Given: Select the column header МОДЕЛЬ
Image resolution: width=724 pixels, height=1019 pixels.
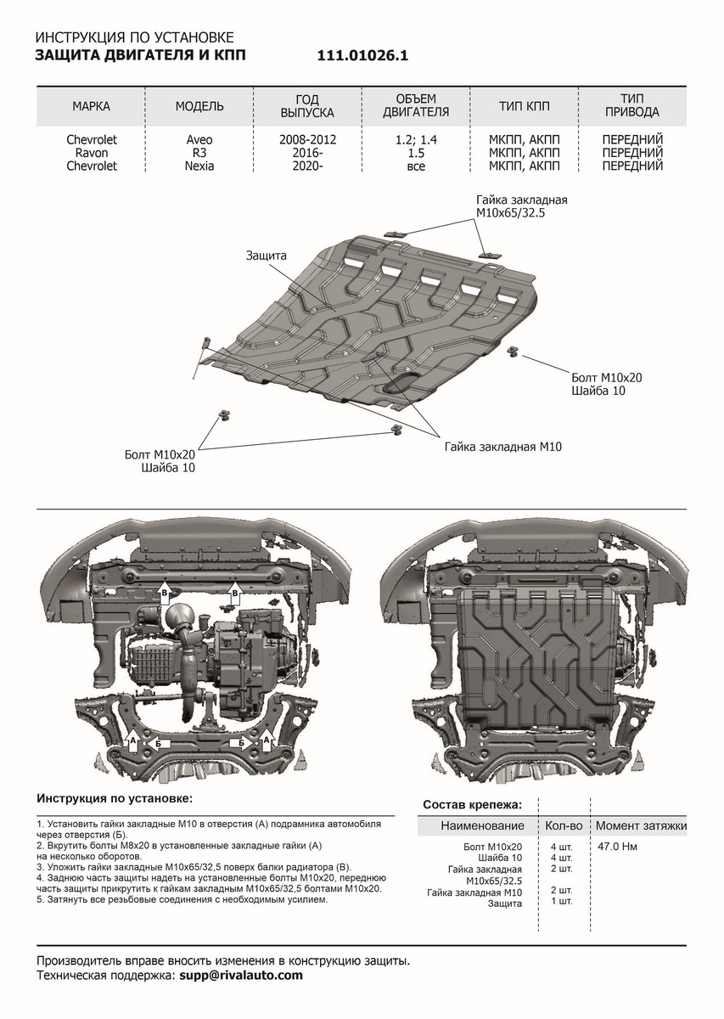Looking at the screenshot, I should tap(199, 106).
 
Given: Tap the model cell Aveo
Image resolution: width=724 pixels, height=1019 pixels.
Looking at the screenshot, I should tap(199, 138).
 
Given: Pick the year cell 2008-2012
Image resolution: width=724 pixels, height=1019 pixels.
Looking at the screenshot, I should tap(308, 138).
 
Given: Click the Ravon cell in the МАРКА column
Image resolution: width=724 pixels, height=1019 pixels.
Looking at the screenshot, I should tap(91, 152).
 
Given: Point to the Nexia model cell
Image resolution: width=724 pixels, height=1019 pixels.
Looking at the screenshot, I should tap(199, 166).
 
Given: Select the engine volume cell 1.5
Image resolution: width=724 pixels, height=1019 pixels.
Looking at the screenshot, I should tap(416, 152).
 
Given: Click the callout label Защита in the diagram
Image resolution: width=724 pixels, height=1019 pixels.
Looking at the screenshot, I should tap(267, 255).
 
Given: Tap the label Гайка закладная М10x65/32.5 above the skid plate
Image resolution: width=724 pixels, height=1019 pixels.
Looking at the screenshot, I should tap(520, 207).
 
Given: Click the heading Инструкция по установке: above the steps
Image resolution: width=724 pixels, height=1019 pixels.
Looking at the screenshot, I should tap(115, 799).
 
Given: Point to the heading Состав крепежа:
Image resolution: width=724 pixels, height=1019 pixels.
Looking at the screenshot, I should tap(472, 803).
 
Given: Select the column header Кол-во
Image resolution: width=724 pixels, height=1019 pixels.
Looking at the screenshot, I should tap(562, 825).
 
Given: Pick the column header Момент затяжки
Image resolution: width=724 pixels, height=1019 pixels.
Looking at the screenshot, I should tap(641, 825).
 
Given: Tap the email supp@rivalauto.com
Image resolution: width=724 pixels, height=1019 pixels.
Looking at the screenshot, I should tap(241, 976).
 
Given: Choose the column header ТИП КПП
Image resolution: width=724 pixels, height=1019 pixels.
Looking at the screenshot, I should tap(524, 106).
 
